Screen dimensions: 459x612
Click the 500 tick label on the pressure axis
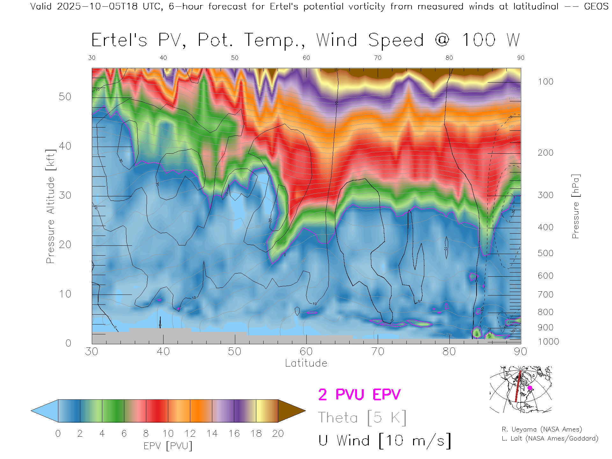[x=545, y=253]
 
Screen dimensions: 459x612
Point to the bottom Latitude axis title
[x=306, y=363]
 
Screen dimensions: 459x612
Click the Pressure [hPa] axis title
[x=575, y=206]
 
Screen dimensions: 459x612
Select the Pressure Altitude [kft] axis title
[x=50, y=206]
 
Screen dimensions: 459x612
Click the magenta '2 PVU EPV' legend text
[x=359, y=395]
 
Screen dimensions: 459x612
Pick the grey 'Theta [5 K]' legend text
[x=362, y=418]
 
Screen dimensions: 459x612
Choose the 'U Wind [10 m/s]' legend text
[x=384, y=441]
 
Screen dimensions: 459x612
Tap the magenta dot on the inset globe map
[x=530, y=388]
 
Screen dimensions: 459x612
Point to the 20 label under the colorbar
[x=278, y=433]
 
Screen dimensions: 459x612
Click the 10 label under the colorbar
[x=168, y=433]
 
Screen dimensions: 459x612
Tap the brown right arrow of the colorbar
[x=291, y=411]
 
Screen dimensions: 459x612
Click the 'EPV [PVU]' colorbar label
[x=168, y=446]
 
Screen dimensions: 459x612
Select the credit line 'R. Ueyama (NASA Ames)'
[x=542, y=429]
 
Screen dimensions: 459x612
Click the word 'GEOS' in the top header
[x=596, y=6]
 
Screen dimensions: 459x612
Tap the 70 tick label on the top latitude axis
[x=378, y=58]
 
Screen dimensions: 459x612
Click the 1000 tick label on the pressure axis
[x=548, y=342]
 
